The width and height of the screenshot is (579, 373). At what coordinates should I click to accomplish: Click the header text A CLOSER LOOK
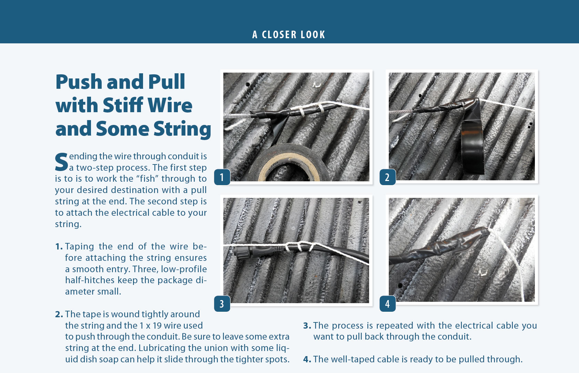click(289, 35)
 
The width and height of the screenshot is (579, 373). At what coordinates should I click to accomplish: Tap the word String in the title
click(182, 129)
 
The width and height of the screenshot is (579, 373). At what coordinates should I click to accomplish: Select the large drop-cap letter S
click(61, 162)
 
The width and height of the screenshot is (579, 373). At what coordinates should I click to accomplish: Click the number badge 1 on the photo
click(222, 177)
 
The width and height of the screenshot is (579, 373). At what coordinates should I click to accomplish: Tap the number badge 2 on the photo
click(387, 177)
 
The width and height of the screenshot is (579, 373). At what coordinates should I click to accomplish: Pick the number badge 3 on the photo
click(222, 303)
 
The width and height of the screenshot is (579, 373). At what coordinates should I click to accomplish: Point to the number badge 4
click(387, 303)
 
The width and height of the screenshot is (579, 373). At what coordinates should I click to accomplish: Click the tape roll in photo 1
click(289, 163)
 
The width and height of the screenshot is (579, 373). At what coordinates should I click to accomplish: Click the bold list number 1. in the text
click(59, 247)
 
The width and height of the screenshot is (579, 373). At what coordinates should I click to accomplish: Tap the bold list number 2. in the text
click(59, 315)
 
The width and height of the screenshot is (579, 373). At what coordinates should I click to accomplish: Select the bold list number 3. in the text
click(307, 326)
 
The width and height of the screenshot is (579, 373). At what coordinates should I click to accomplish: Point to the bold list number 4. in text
click(307, 360)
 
